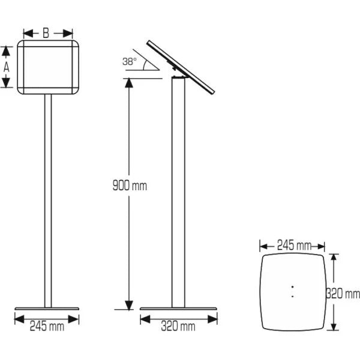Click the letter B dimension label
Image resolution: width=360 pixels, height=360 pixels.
pos(47,33)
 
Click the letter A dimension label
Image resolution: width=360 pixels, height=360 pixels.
pos(7,67)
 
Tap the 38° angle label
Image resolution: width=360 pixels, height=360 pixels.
pos(130,61)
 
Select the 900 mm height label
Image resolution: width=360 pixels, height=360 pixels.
pos(129,185)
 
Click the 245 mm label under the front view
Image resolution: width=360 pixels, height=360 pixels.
pos(47,326)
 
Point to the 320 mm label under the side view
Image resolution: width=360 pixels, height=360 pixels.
pos(178,326)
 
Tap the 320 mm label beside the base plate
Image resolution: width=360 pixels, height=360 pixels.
pos(343,293)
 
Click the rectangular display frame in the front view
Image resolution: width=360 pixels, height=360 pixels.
pos(47,67)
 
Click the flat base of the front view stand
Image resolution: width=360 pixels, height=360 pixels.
pos(47,310)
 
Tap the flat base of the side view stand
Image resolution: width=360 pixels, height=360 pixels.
pos(178,310)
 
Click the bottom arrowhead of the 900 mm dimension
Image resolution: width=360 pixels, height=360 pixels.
pos(128,306)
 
